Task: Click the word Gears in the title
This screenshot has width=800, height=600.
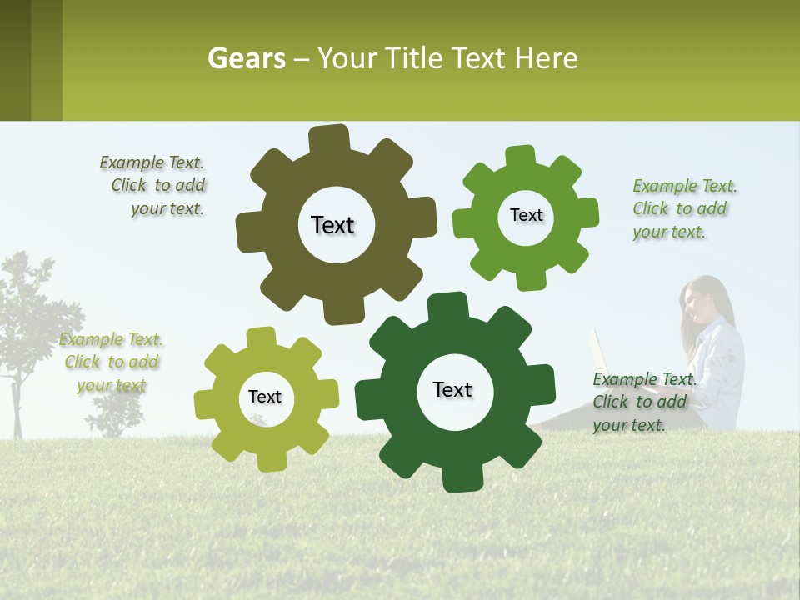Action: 246,58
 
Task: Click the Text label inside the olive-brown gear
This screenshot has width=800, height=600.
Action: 332,225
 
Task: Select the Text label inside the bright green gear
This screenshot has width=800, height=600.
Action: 526,215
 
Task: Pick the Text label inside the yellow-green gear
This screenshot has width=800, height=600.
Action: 265,397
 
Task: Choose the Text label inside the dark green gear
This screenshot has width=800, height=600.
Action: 452,389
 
